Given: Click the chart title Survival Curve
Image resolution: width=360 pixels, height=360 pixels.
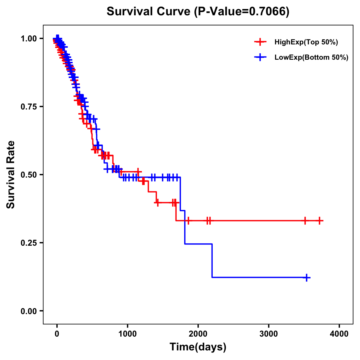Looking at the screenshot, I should coord(148,12).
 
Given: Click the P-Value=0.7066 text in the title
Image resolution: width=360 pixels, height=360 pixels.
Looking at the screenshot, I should coord(241,12).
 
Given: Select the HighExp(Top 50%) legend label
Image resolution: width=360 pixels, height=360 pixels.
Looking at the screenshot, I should coord(306,42).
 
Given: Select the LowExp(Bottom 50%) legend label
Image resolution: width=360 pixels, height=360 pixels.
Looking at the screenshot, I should coord(311,58).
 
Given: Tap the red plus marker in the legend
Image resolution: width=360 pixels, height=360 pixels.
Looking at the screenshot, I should coord(260,42).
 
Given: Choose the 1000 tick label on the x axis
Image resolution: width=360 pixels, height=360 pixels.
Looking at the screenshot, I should coord(127,334).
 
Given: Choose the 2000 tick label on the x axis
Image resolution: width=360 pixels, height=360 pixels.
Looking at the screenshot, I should coord(198,334).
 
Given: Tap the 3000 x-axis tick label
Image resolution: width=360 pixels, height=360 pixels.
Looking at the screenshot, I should coord(268,334).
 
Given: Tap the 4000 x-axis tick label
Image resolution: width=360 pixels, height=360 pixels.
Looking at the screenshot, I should coord(339,334).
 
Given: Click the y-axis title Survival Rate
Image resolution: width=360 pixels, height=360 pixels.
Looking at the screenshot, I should coord(11,174).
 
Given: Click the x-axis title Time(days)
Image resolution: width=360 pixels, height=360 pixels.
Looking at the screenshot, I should coord(198,347).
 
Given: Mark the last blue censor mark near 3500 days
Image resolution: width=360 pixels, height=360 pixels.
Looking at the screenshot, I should coord(307,277).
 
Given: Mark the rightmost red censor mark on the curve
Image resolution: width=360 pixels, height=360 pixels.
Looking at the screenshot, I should coord(320,221).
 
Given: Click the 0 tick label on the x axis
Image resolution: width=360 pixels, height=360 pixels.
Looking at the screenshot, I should coord(57,334).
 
